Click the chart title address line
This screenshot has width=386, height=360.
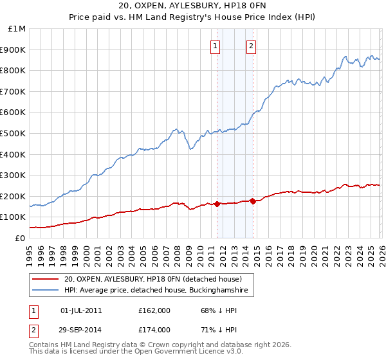192,6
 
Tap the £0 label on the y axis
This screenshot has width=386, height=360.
21,238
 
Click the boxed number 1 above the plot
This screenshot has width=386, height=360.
214,46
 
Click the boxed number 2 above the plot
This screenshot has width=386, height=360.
251,46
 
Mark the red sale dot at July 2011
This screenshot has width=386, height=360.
217,204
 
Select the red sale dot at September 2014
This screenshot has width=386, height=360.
253,201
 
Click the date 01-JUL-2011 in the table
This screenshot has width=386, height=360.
80,310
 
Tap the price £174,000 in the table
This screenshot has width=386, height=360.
154,330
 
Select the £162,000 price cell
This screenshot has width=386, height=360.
154,310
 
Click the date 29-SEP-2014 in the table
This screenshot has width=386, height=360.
80,330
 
